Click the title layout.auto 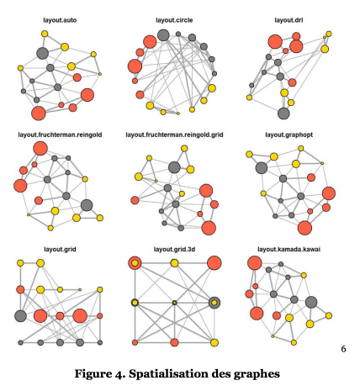pyautogui.click(x=60, y=20)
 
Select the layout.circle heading pyautogui.click(x=174, y=20)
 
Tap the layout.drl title pyautogui.click(x=289, y=20)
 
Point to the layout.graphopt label pyautogui.click(x=289, y=135)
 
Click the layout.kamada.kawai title pyautogui.click(x=289, y=249)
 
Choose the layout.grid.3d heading pyautogui.click(x=174, y=249)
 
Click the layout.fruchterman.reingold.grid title pyautogui.click(x=174, y=135)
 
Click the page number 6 pyautogui.click(x=343, y=349)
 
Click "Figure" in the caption pyautogui.click(x=91, y=374)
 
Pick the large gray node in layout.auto pyautogui.click(x=43, y=53)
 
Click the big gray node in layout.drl pyautogui.click(x=283, y=114)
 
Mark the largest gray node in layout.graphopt pyautogui.click(x=262, y=167)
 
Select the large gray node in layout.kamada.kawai pyautogui.click(x=311, y=303)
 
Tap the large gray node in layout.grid pyautogui.click(x=20, y=316)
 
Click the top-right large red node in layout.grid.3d pyautogui.click(x=214, y=263)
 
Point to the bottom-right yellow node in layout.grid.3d pyautogui.click(x=214, y=342)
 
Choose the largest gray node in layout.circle pyautogui.click(x=163, y=35)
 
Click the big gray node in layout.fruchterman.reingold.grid pyautogui.click(x=174, y=167)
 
